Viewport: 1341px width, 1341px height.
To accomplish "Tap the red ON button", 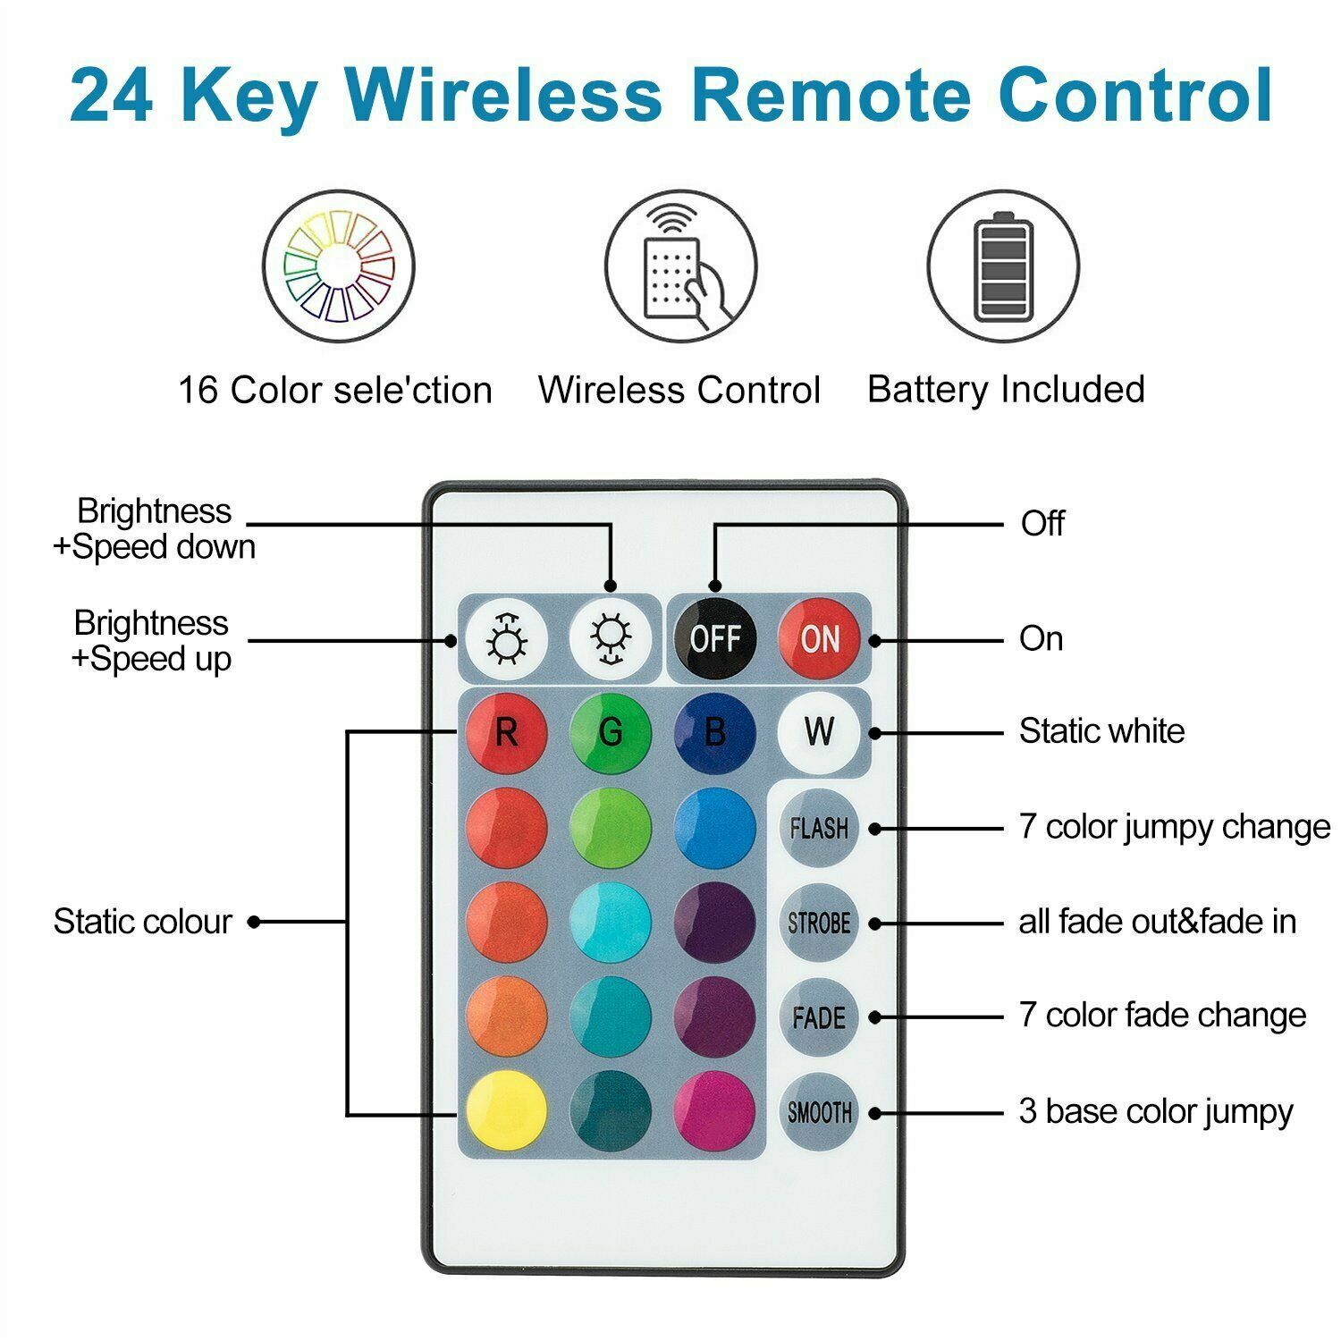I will click(818, 638).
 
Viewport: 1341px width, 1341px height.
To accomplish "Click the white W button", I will click(818, 732).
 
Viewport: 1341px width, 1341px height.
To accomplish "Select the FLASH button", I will click(818, 828).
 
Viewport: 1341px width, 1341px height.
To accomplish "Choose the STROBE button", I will click(818, 923).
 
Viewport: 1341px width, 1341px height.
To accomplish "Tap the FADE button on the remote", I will click(818, 1017).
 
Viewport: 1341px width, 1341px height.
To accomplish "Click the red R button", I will click(506, 732).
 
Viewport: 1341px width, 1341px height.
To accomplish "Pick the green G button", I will click(611, 732).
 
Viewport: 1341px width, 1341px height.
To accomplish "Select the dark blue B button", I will click(714, 732).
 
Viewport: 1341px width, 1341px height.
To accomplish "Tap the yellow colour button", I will click(506, 1112).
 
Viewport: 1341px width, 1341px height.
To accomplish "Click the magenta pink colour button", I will click(714, 1112).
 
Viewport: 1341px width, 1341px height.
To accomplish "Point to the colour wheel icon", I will click(339, 266).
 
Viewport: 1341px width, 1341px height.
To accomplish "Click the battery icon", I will click(1003, 266).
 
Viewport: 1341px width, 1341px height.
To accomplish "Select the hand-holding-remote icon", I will click(681, 266).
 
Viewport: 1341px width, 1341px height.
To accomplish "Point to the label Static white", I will click(1101, 731).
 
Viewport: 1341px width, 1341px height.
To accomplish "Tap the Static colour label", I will click(142, 922).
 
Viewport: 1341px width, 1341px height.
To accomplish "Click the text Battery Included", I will click(1006, 389).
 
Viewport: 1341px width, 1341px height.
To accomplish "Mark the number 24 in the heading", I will click(111, 96).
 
